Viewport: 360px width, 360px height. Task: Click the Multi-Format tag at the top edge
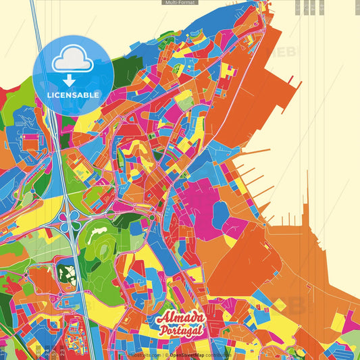tap(180, 3)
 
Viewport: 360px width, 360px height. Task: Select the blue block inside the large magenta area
tap(221, 213)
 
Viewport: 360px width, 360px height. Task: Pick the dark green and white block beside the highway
tap(66, 274)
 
